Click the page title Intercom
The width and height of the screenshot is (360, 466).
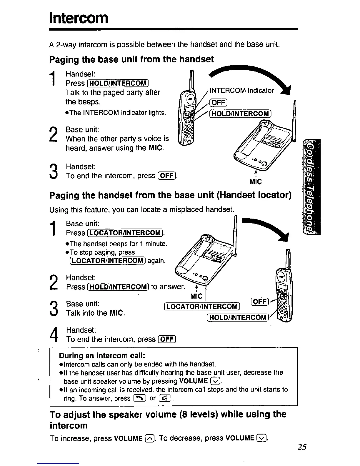pos(79,18)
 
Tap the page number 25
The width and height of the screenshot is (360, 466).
pos(301,447)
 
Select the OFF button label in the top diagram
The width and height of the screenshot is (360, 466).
pos(218,102)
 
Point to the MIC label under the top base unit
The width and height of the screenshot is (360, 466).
pos(255,182)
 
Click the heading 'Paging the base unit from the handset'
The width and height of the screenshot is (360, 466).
pos(131,59)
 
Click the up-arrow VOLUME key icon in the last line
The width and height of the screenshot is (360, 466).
pos(149,439)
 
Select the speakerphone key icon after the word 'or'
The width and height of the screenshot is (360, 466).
pos(164,399)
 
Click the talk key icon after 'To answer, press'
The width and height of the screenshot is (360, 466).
pos(138,399)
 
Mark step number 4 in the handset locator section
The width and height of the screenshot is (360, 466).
pos(54,335)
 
